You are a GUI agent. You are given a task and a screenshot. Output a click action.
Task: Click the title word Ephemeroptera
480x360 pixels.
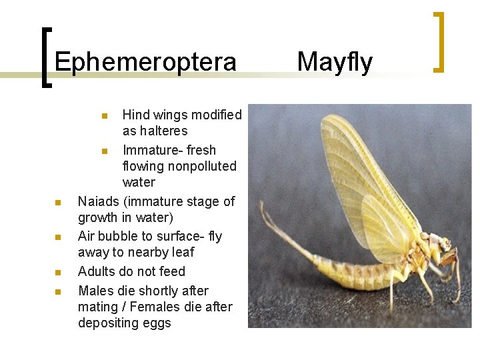(x=145, y=62)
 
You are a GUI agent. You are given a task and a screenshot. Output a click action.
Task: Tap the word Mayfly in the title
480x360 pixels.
(x=335, y=61)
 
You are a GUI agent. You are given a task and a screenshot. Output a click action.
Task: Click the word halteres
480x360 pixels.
(x=155, y=131)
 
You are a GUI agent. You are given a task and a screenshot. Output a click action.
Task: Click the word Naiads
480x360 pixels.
(x=97, y=201)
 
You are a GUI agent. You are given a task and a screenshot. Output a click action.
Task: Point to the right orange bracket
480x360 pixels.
(x=439, y=41)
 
